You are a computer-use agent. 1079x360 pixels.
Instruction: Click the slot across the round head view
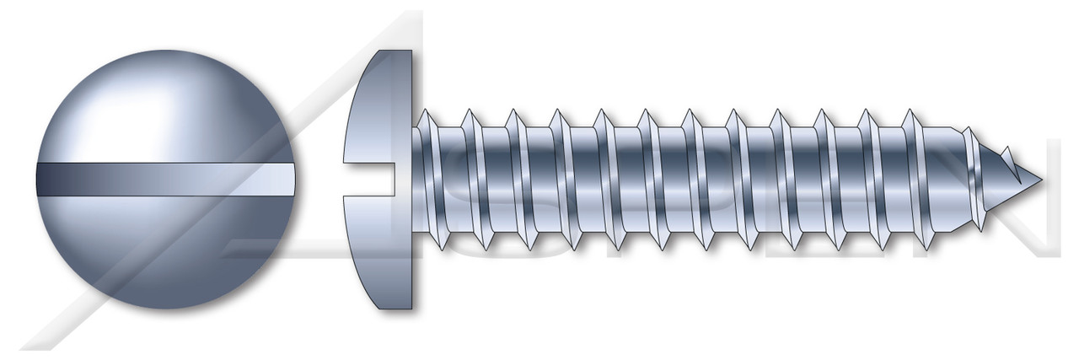pyautogui.click(x=166, y=180)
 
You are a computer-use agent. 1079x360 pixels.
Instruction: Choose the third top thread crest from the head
pyautogui.click(x=514, y=110)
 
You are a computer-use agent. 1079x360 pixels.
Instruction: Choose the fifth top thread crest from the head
pyautogui.click(x=603, y=110)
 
